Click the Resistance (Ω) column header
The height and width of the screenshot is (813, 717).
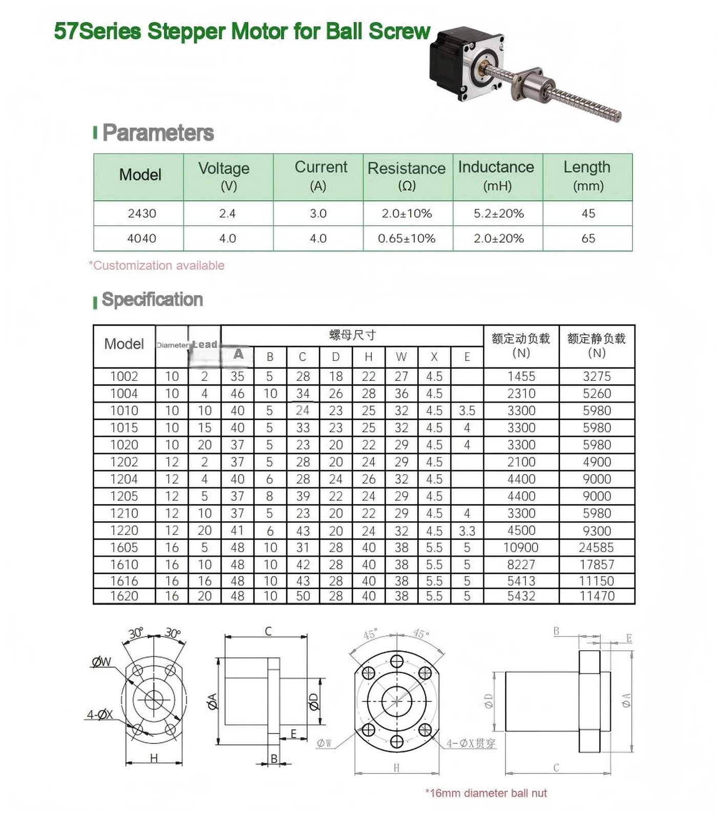[x=407, y=177]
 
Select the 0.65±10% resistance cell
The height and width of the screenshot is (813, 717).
[x=407, y=239]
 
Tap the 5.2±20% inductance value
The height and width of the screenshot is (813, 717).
[x=498, y=213]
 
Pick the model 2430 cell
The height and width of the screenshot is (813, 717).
[x=142, y=213]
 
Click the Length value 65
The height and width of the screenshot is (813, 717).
[x=588, y=239]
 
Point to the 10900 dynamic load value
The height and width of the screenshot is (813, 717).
[x=521, y=548]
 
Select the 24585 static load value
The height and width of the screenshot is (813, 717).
[x=596, y=548]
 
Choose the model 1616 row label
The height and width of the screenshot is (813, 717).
[x=124, y=581]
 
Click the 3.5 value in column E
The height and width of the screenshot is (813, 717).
[x=467, y=411]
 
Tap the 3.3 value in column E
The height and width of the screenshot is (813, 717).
[x=467, y=531]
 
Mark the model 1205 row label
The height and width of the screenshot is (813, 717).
[x=124, y=496]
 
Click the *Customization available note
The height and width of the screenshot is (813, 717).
[x=157, y=266]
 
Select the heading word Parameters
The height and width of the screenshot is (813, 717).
[x=158, y=133]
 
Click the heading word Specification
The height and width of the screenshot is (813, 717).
[x=152, y=299]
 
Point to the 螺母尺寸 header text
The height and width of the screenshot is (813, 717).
[x=352, y=335]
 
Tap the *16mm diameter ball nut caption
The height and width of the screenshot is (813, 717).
[x=486, y=793]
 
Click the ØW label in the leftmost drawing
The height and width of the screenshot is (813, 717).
[x=101, y=661]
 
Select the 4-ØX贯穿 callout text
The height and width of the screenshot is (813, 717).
[x=471, y=743]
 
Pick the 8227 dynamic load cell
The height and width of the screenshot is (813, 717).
[x=521, y=565]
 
